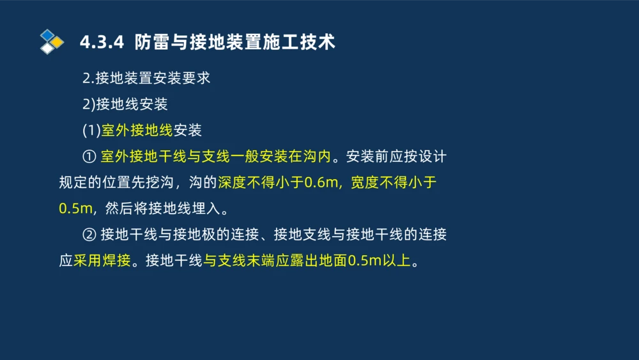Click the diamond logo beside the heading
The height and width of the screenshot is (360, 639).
51,42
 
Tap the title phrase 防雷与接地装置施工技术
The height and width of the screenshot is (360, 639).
235,43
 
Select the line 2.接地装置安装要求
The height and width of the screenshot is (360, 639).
146,79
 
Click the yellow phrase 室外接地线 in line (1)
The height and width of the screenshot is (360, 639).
137,130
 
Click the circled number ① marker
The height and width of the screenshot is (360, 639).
89,157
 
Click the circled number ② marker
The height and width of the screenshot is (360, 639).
89,235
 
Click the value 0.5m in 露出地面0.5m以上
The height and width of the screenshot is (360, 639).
364,261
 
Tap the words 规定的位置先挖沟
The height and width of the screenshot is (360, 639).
116,183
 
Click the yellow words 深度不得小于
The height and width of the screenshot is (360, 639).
261,183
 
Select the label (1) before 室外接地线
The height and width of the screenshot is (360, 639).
91,130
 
